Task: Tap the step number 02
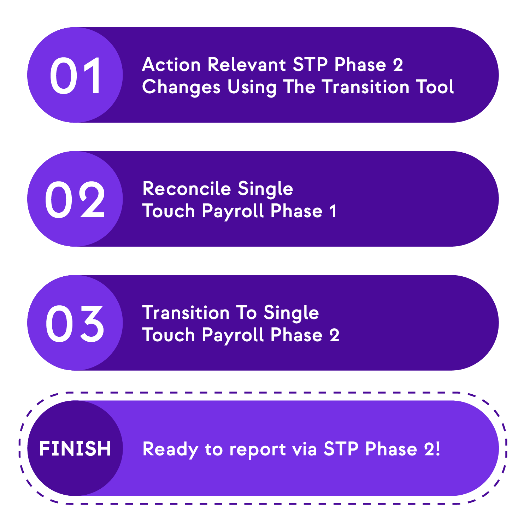coord(75,200)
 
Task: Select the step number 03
coord(75,324)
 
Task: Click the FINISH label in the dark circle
coord(75,448)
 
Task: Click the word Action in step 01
coord(171,65)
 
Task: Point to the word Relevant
coord(247,65)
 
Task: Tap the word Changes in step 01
coord(181,87)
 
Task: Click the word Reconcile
coord(187,188)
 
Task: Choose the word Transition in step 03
coord(186,313)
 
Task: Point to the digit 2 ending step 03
coord(334,335)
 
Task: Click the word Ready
coord(170,450)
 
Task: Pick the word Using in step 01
coord(252,87)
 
